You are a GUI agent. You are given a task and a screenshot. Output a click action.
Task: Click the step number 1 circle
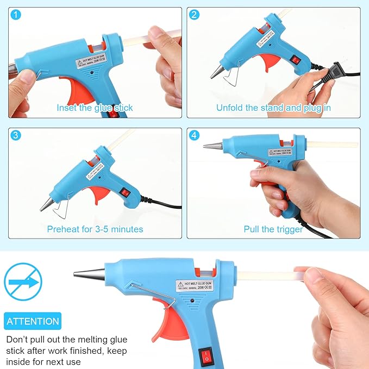pos(16,15)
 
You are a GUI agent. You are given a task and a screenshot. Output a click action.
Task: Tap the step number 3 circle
pos(16,136)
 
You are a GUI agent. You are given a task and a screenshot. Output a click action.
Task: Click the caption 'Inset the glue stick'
pos(95,108)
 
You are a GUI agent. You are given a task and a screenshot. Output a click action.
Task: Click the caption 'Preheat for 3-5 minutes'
pos(95,229)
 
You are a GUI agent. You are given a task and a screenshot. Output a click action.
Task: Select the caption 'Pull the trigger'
pos(273,229)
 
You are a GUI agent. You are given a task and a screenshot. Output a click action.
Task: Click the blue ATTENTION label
pos(33,321)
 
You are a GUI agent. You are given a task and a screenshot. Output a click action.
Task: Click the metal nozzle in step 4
pos(213,145)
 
